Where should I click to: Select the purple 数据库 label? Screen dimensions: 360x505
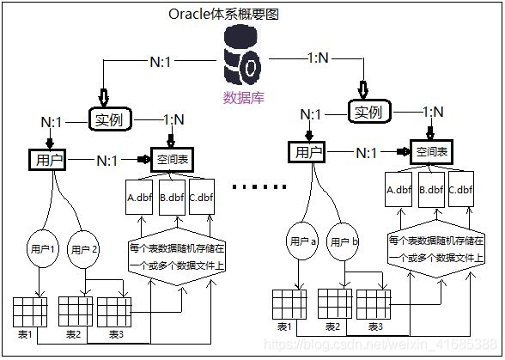pos(244,96)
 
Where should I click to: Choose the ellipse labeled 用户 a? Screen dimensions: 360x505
pos(301,241)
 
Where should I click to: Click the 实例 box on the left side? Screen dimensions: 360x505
pos(111,119)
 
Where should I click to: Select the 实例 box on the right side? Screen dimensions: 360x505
pos(368,112)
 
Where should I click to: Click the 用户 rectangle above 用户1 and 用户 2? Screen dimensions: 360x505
pos(45,160)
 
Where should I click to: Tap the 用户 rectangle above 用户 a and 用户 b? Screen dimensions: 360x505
pos(304,152)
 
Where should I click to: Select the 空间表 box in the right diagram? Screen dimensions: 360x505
pos(432,152)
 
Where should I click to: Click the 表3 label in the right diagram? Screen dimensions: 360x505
pos(375,326)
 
